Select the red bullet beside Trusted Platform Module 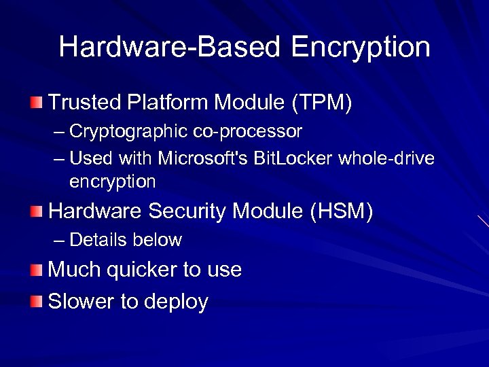tap(36, 103)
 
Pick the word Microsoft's tap(204, 158)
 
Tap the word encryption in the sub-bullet tap(112, 182)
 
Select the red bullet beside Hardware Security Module tap(36, 212)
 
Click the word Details tap(98, 240)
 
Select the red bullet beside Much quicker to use tap(36, 270)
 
